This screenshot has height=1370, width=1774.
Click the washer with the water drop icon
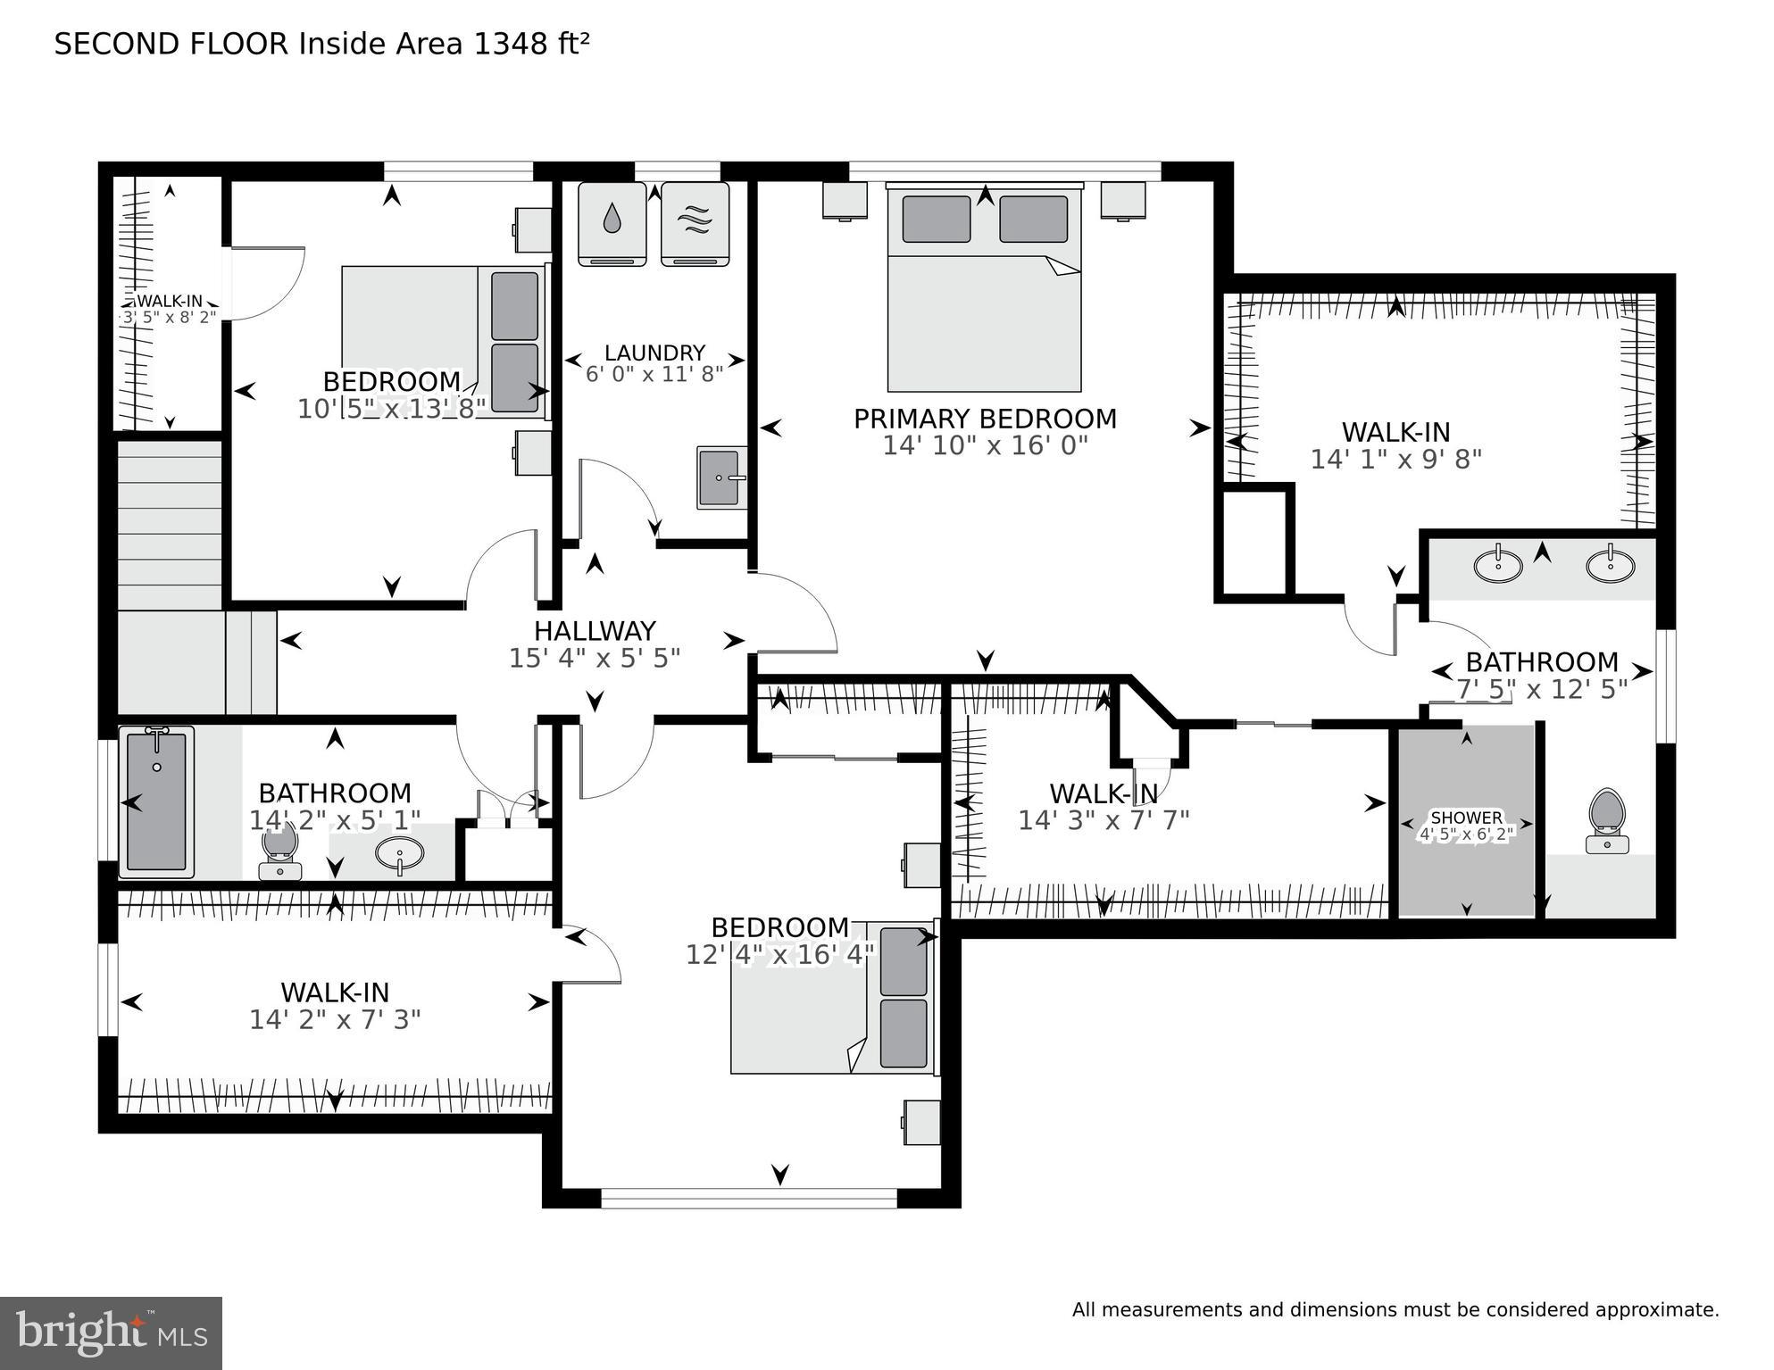[612, 223]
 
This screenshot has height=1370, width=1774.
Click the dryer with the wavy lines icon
[695, 223]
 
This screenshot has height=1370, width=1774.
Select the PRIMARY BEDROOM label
[985, 419]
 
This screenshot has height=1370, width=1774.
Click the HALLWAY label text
[595, 631]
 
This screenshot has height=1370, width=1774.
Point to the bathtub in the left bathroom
[156, 800]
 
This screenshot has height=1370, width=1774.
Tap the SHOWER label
[1466, 818]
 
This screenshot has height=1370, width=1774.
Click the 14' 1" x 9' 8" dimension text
[1395, 460]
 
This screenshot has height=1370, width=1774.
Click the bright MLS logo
[111, 1333]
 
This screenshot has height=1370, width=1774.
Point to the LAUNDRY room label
[654, 353]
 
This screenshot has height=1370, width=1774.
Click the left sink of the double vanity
[1498, 565]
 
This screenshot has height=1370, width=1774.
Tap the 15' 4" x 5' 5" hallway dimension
[595, 659]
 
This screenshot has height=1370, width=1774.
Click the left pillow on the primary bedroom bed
[936, 220]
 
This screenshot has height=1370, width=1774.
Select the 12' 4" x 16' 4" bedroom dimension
[779, 955]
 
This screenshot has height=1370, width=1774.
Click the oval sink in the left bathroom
[399, 854]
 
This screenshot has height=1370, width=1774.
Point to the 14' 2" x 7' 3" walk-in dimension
[335, 1019]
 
